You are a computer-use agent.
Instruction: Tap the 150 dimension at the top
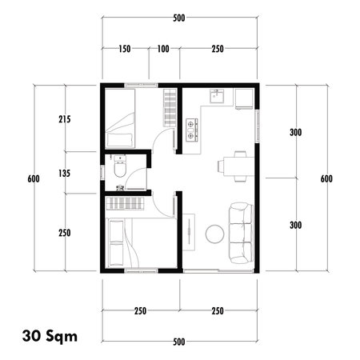coord(125,50)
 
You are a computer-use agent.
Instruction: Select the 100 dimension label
coord(164,50)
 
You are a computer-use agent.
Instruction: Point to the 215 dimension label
coord(65,120)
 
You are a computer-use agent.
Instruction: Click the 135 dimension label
coord(65,173)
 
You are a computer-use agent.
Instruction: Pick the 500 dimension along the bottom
coord(179,342)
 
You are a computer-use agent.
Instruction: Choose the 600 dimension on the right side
coord(326,178)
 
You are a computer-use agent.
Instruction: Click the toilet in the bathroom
coord(118,169)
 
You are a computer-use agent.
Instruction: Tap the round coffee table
coord(214,234)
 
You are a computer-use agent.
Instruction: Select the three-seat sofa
coord(241,234)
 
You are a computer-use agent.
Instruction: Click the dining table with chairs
coord(232,166)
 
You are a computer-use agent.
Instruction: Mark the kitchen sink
coord(216,97)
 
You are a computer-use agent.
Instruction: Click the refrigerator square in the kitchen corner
coord(244,98)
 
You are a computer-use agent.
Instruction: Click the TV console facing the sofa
coord(189,233)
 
